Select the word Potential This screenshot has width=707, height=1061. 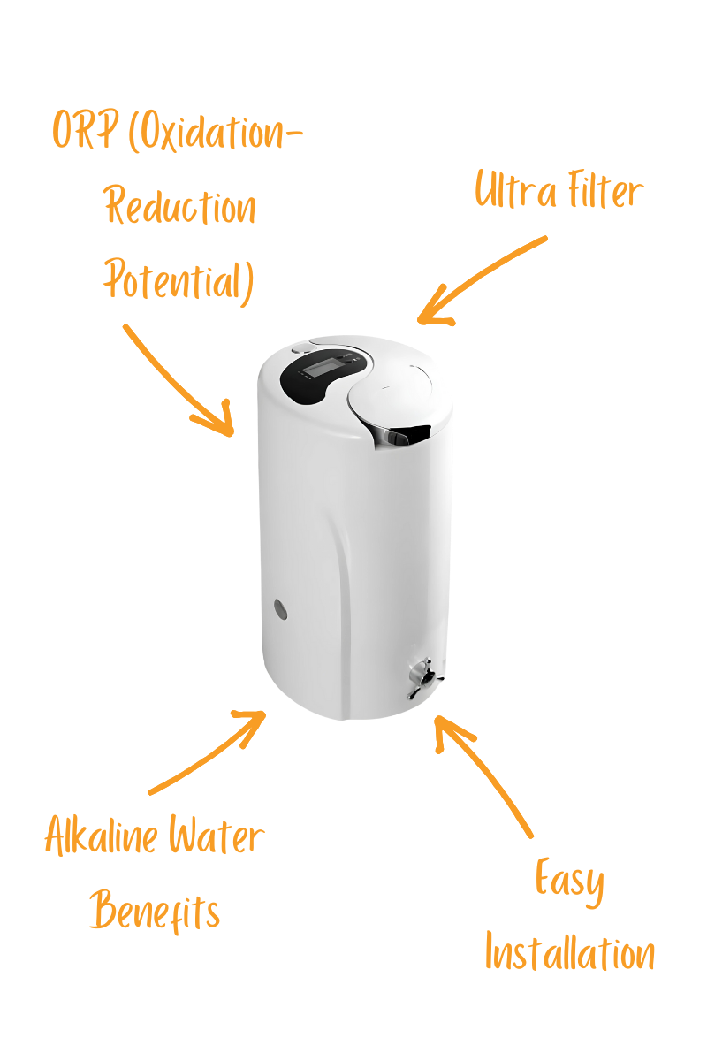(x=178, y=280)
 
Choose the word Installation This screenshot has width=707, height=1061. (x=570, y=953)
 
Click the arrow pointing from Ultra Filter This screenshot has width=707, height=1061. (x=482, y=281)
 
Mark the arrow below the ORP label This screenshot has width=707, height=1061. (x=177, y=380)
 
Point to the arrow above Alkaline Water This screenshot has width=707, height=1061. (x=208, y=752)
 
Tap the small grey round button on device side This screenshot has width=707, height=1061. (x=280, y=608)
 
